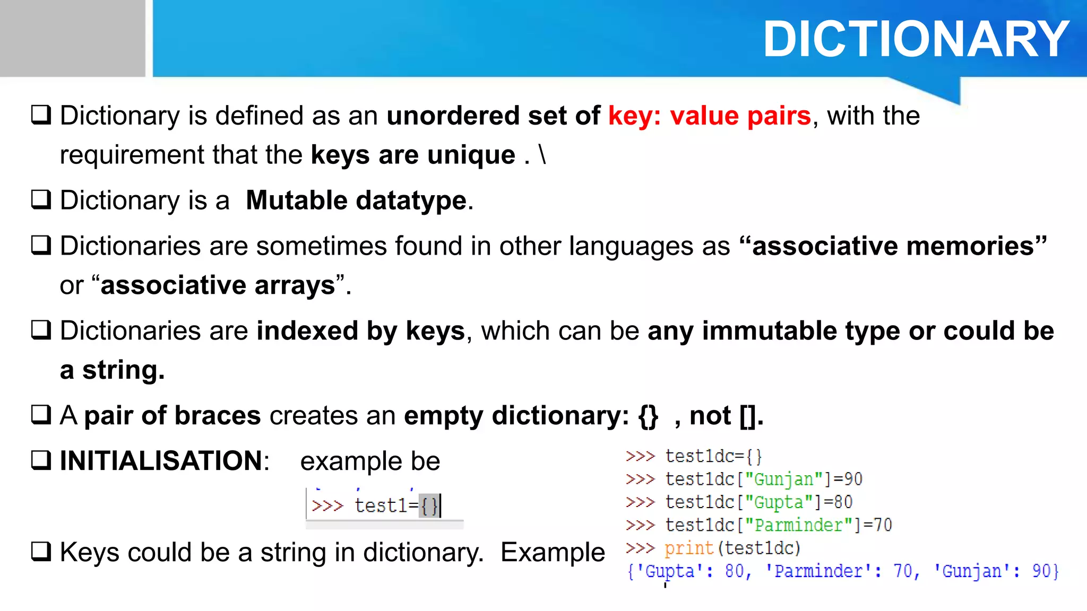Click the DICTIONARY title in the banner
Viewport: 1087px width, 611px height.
tap(916, 39)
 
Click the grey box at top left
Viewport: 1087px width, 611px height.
tap(72, 38)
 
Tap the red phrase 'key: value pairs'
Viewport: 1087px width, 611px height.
tap(709, 116)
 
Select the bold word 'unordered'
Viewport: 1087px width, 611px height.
tap(453, 116)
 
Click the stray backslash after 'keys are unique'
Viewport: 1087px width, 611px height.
tap(542, 155)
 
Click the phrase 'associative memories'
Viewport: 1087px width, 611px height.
tap(893, 246)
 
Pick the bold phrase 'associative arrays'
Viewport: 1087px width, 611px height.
tap(218, 285)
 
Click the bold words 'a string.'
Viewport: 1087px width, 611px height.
tap(112, 370)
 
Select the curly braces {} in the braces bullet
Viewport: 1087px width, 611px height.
tap(648, 416)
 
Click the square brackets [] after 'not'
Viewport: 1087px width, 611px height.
tap(748, 416)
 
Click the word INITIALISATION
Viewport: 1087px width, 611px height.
tap(161, 460)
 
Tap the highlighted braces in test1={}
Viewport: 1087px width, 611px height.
tap(429, 505)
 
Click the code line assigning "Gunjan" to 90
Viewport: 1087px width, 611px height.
tap(763, 479)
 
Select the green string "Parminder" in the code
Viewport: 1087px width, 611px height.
tap(799, 525)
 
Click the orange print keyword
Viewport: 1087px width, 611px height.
tap(688, 548)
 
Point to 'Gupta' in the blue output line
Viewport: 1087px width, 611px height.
tap(669, 571)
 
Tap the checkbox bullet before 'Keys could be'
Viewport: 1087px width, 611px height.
tap(41, 552)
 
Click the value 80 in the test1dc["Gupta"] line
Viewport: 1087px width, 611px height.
tap(843, 502)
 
